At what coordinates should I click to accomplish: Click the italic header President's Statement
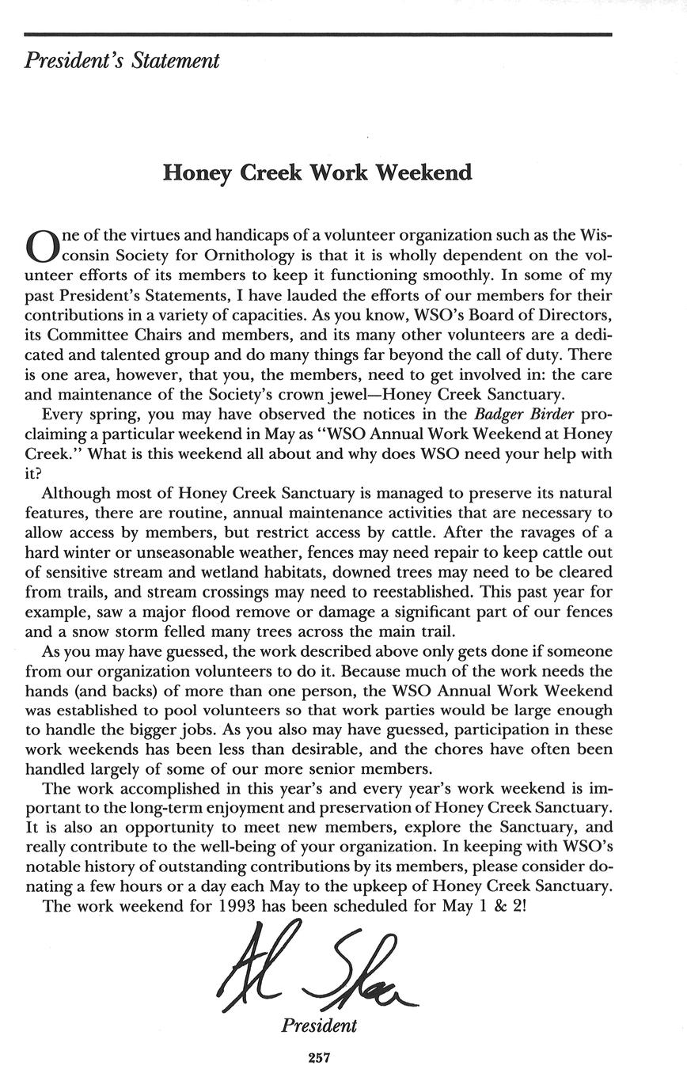pos(122,61)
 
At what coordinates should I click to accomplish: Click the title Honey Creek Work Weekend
pos(317,173)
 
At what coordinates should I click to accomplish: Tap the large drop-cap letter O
pos(41,245)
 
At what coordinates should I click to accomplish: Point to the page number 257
pos(319,1057)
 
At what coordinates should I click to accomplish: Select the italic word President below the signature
pos(319,1026)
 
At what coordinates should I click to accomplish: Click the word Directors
pos(571,315)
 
